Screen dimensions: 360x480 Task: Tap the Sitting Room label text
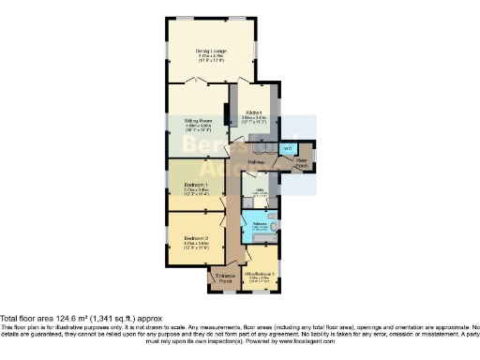point(198,120)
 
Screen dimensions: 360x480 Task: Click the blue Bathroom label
point(260,225)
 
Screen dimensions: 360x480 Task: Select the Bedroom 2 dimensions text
point(193,247)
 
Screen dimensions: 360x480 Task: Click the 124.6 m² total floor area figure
point(73,317)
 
